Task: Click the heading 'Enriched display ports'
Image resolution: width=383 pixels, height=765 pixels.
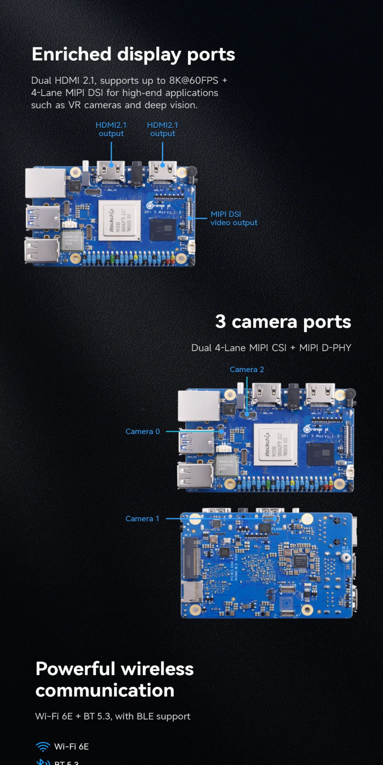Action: pos(133,54)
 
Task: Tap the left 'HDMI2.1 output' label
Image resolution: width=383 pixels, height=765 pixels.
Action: pos(111,129)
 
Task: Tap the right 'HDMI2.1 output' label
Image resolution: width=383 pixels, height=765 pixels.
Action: pos(162,129)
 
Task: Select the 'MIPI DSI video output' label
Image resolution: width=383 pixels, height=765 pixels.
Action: pos(234,218)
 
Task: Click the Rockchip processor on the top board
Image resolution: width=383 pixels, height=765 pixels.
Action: pos(119,220)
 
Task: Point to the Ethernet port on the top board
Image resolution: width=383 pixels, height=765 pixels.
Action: pos(45,183)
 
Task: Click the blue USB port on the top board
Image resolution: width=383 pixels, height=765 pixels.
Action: pos(43,218)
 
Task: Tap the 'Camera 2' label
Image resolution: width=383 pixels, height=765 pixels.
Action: pos(247,369)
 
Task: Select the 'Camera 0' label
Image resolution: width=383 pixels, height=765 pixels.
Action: pos(142,431)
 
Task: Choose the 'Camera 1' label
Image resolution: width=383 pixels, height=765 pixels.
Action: pos(142,519)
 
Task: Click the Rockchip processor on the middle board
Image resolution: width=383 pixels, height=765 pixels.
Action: pos(275,445)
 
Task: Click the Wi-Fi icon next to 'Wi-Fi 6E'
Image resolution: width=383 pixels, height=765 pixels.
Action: pos(43,747)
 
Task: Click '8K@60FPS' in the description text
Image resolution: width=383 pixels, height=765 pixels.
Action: pos(194,81)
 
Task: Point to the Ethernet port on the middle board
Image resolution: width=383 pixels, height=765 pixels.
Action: pos(198,406)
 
